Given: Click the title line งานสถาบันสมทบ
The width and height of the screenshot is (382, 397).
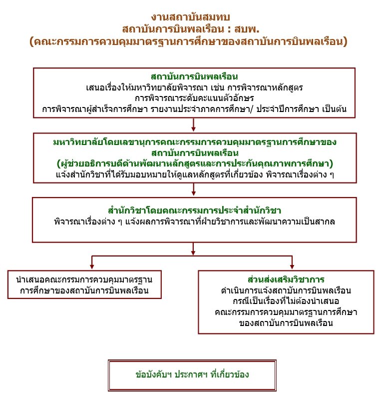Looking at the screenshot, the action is click(190, 17).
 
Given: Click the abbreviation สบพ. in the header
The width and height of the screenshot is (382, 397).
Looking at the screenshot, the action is click(247, 29).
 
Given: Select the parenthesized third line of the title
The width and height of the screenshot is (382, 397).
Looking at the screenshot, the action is click(189, 41).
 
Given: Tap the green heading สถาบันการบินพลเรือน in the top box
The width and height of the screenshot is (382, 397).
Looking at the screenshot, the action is click(194, 76).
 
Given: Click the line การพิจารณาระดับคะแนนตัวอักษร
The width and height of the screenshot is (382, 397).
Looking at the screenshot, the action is click(194, 98).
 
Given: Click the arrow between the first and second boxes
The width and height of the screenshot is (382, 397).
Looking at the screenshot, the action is click(193, 125).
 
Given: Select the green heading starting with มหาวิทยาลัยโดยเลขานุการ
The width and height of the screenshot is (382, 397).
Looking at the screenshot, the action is click(195, 147).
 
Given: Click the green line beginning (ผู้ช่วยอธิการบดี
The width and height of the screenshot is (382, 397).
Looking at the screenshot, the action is click(195, 163).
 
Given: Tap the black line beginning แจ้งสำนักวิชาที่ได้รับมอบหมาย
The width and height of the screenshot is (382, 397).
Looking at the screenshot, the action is click(195, 174).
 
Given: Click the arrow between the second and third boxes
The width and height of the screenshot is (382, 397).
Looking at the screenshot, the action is click(193, 189).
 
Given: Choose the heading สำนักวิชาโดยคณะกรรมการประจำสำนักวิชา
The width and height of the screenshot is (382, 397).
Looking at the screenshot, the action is click(194, 210).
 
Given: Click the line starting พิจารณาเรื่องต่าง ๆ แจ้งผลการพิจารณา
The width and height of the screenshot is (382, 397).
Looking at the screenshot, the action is click(194, 221).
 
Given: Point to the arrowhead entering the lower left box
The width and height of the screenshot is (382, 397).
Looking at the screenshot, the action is click(92, 266).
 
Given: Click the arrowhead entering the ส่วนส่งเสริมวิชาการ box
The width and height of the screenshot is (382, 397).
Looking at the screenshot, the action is click(292, 266).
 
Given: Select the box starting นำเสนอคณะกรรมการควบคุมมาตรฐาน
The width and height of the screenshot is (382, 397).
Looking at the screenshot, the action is click(84, 284).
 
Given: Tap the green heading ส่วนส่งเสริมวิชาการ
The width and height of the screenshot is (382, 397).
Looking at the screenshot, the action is click(286, 279).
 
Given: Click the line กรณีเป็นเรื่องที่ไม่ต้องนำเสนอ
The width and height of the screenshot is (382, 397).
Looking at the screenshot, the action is click(286, 301).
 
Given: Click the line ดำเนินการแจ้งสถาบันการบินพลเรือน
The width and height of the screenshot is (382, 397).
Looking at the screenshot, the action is click(286, 290).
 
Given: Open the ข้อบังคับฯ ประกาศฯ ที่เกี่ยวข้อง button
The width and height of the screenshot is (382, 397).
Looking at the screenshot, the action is click(192, 375).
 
